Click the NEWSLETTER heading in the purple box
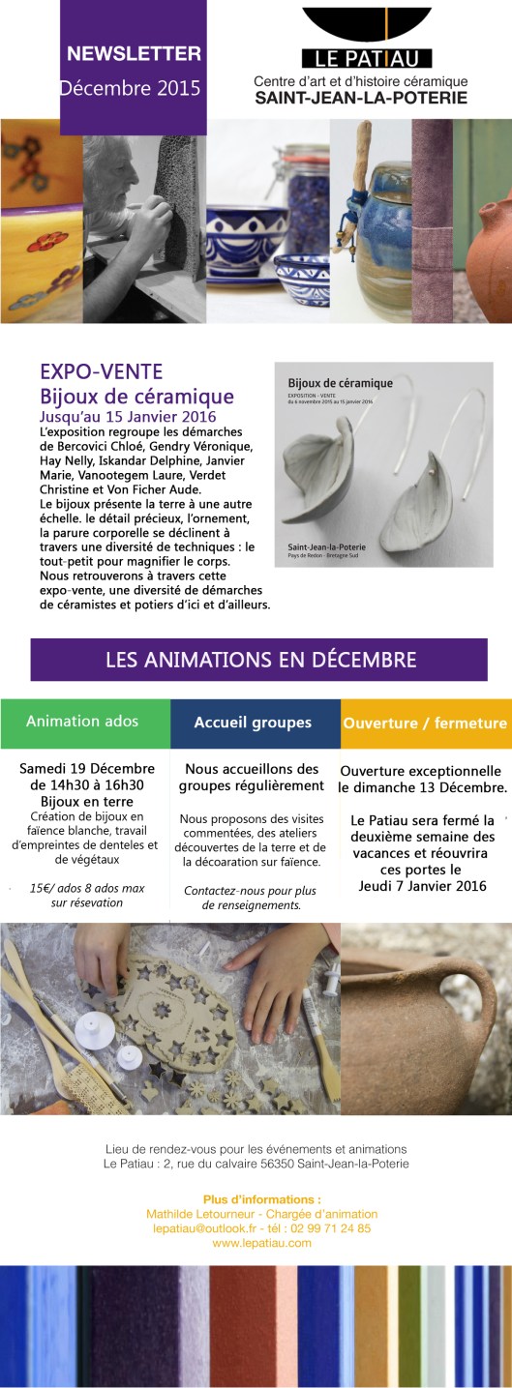pyautogui.click(x=134, y=54)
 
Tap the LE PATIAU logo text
pyautogui.click(x=366, y=58)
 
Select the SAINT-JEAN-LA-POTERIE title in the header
pyautogui.click(x=361, y=98)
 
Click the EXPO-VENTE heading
pyautogui.click(x=101, y=371)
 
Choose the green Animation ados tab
pyautogui.click(x=82, y=722)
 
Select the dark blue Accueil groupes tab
pyautogui.click(x=253, y=723)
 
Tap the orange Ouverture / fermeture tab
pyautogui.click(x=424, y=723)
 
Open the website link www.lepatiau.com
pyautogui.click(x=261, y=1243)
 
